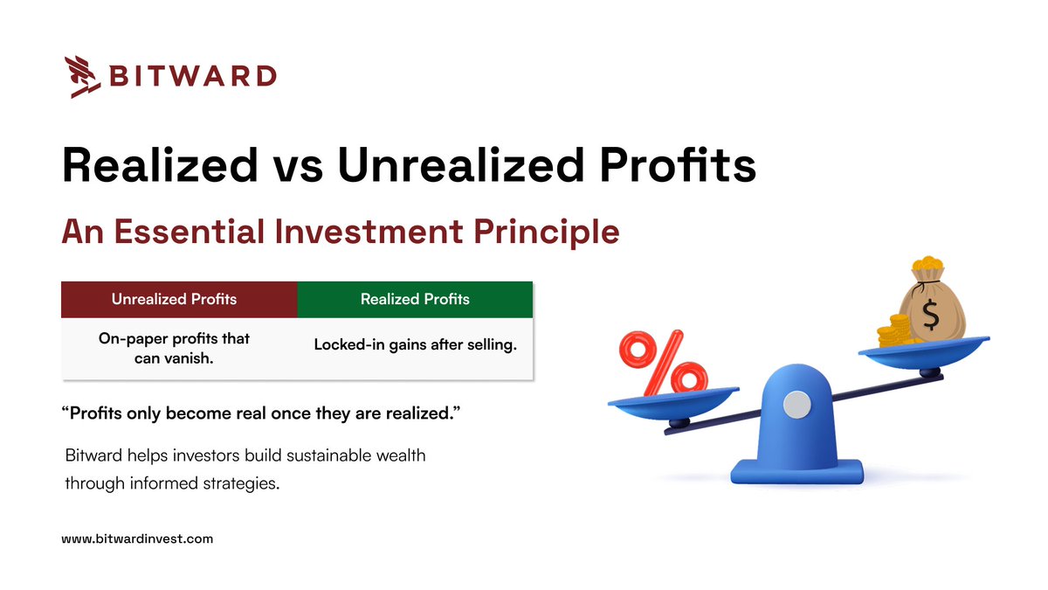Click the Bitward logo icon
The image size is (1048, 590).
(x=82, y=77)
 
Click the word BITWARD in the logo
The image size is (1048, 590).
(x=192, y=76)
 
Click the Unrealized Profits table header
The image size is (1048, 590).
(x=174, y=299)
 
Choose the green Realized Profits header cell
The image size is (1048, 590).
(x=415, y=299)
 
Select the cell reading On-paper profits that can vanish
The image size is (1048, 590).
(x=174, y=348)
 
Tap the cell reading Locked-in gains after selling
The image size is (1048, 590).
(x=415, y=345)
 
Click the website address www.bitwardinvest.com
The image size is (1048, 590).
(x=137, y=539)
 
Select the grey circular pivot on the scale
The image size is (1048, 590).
(x=796, y=403)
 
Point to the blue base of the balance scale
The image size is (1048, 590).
(x=796, y=473)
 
